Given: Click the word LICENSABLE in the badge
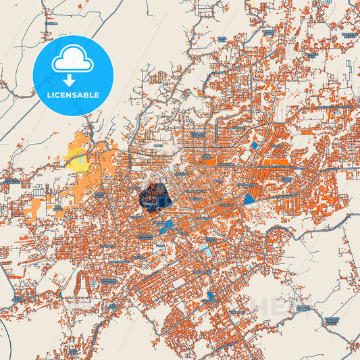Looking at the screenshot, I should click(x=73, y=95).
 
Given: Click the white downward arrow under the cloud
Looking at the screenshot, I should click(x=70, y=80).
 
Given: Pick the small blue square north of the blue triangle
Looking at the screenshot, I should click(x=254, y=145).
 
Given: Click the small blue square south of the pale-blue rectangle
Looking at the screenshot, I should click(x=211, y=295).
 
